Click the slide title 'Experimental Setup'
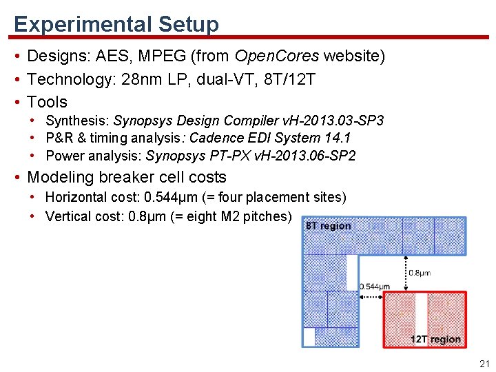[x=116, y=24]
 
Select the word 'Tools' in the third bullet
[x=47, y=102]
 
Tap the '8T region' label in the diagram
[x=328, y=226]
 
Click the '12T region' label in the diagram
[x=435, y=339]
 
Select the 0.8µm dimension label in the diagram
[x=420, y=273]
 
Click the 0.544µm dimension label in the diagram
[x=375, y=287]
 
